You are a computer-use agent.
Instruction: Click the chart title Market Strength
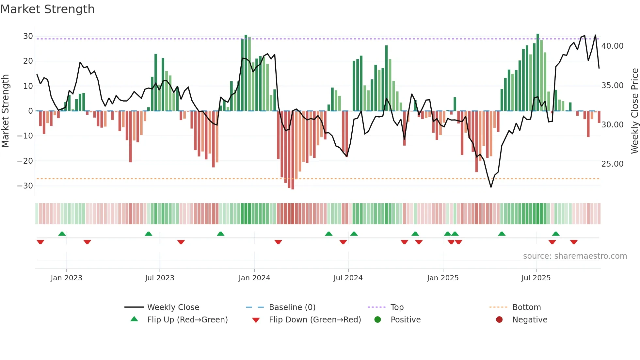pyautogui.click(x=47, y=9)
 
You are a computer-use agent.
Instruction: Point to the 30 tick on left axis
pyautogui.click(x=28, y=36)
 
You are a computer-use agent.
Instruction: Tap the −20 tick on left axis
pyautogui.click(x=25, y=161)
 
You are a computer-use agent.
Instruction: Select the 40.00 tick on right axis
pyautogui.click(x=612, y=46)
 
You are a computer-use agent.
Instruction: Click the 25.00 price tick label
pyautogui.click(x=612, y=164)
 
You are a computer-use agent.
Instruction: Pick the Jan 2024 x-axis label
pyautogui.click(x=254, y=278)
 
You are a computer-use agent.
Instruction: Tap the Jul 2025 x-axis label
pyautogui.click(x=536, y=278)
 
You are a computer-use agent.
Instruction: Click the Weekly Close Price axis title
pyautogui.click(x=634, y=111)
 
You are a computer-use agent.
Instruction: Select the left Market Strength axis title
pyautogui.click(x=6, y=111)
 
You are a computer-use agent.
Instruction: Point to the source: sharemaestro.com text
pyautogui.click(x=575, y=256)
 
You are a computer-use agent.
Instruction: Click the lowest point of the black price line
pyautogui.click(x=491, y=187)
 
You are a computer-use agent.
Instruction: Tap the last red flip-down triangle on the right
pyautogui.click(x=574, y=242)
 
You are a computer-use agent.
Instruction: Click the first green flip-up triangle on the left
pyautogui.click(x=62, y=234)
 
